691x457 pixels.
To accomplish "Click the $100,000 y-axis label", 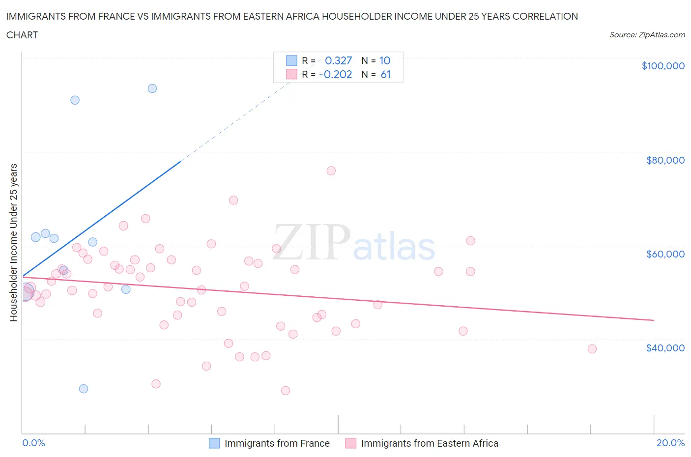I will coord(662,66).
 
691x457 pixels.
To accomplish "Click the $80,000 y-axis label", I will coord(665,160).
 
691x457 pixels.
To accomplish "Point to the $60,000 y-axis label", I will coord(665,254).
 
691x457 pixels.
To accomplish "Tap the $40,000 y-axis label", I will coord(665,348).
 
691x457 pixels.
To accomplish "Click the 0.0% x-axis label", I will coord(33,443).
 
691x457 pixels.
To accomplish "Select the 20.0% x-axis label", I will coord(670,443).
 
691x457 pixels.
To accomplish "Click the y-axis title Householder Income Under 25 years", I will coord(14,242).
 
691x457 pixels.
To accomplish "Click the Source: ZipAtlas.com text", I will coord(647,35).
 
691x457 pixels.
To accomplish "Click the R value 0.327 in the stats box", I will coord(338,60).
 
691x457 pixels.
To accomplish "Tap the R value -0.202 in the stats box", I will coord(335,74).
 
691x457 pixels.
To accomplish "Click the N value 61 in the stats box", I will coord(385,74).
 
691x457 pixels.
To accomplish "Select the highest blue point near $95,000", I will coord(152,88).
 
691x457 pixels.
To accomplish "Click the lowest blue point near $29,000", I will coord(84,389).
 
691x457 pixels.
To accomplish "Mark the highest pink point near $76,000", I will coord(331,171).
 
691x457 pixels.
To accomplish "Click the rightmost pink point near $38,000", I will coord(592,349).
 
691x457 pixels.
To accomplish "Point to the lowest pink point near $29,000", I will coord(286,391).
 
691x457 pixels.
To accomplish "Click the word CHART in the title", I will coord(22,35).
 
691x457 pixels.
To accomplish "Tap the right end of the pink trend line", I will coord(654,320).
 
